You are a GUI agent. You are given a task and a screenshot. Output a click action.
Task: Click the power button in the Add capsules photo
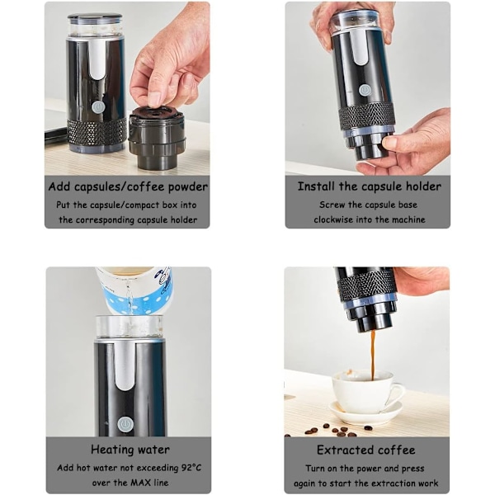pyautogui.click(x=98, y=107)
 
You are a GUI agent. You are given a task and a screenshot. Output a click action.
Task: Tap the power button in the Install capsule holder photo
pyautogui.click(x=365, y=91)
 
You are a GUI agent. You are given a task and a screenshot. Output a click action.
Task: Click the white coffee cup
pyautogui.click(x=368, y=392)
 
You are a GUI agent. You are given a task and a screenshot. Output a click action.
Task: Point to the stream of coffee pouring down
pyautogui.click(x=374, y=355)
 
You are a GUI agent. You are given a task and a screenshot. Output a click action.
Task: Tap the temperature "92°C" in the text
pyautogui.click(x=191, y=468)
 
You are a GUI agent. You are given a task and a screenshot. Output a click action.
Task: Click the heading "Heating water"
pyautogui.click(x=130, y=450)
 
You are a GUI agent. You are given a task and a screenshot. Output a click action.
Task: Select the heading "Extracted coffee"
pyautogui.click(x=366, y=450)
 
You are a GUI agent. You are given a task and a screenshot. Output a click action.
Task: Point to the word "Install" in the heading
pyautogui.click(x=316, y=186)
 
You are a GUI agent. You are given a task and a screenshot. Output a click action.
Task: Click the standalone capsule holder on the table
pyautogui.click(x=157, y=138)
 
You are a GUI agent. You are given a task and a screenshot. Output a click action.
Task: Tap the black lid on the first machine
pyautogui.click(x=95, y=16)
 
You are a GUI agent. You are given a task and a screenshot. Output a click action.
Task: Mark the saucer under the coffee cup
pyautogui.click(x=366, y=412)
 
